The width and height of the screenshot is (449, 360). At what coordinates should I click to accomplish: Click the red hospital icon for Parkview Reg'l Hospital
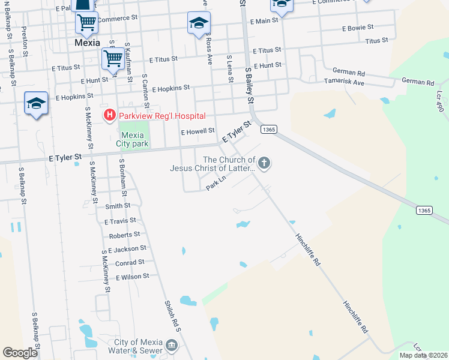tap(110, 115)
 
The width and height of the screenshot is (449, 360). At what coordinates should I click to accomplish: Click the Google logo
tap(20, 353)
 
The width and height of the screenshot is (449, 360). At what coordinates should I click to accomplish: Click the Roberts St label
tap(124, 235)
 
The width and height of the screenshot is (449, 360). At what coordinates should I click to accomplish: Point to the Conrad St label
tap(130, 262)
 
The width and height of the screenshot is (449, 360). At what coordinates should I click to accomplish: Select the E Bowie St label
tap(358, 28)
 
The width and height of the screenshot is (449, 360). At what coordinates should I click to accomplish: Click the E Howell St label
tap(197, 131)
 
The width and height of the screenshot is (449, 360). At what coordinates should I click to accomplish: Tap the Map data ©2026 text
tap(423, 355)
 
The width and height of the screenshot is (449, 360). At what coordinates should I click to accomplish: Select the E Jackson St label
tap(127, 248)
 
